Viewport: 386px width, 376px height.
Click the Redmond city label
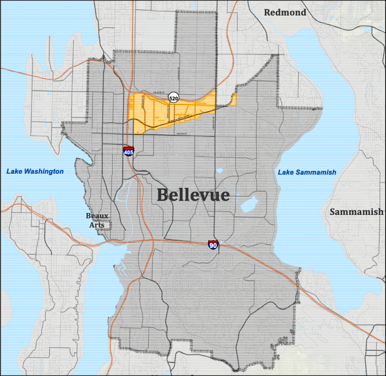point(285,13)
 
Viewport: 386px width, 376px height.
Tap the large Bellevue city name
point(193,195)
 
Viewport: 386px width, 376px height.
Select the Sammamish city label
point(356,212)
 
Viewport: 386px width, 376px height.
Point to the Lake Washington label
point(35,171)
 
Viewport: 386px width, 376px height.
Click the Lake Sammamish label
point(307,172)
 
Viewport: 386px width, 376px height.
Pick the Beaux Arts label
point(97,220)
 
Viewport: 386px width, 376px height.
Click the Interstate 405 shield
point(128,151)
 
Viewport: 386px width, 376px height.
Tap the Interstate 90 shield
point(213,245)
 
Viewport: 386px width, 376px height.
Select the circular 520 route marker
point(173,98)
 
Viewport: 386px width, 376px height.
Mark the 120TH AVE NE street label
point(143,104)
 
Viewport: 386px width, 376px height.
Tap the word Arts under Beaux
point(97,225)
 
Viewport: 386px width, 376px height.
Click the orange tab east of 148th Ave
point(233,100)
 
